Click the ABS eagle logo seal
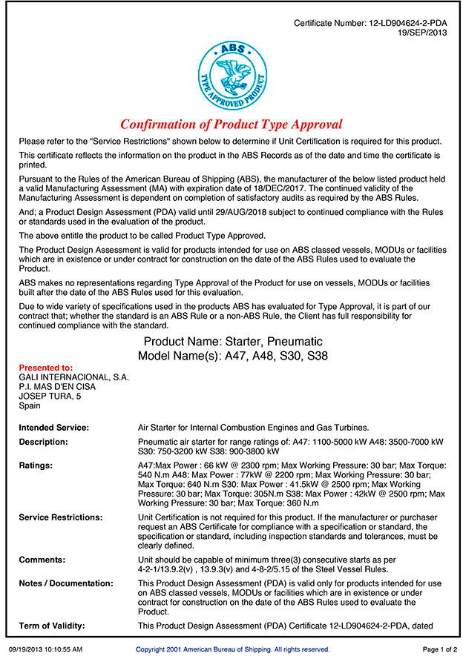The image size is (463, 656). pyautogui.click(x=231, y=74)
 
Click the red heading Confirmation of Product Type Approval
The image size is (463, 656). pyautogui.click(x=231, y=125)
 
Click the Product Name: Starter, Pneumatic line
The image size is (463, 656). pyautogui.click(x=233, y=342)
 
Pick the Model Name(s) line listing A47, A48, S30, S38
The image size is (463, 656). pyautogui.click(x=233, y=356)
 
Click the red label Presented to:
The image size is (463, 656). pyautogui.click(x=45, y=368)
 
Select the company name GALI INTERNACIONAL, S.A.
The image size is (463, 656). pyautogui.click(x=73, y=377)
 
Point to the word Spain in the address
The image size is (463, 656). pyautogui.click(x=30, y=406)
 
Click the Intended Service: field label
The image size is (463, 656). pyautogui.click(x=53, y=428)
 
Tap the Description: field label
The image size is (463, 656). pyautogui.click(x=43, y=442)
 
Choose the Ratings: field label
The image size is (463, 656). pyautogui.click(x=36, y=466)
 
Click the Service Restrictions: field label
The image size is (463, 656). pyautogui.click(x=60, y=517)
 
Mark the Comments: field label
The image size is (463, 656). pyautogui.click(x=42, y=560)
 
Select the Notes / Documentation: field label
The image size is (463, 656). pyautogui.click(x=66, y=583)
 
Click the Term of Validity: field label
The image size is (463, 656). pyautogui.click(x=51, y=626)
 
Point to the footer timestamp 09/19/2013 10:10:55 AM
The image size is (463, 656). pyautogui.click(x=45, y=649)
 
